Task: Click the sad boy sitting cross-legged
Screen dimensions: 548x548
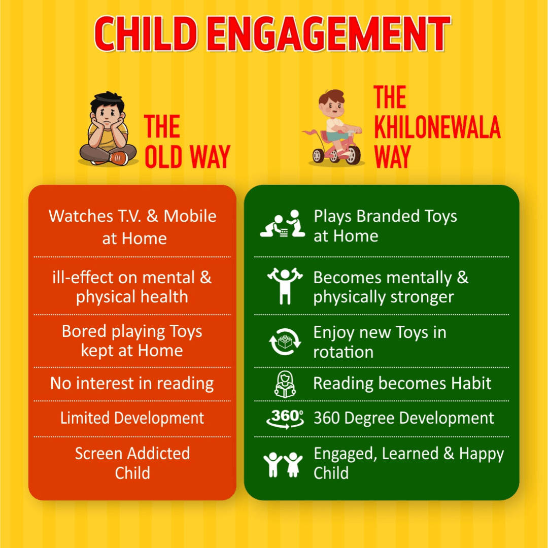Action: (108, 130)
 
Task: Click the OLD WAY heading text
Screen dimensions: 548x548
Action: (187, 157)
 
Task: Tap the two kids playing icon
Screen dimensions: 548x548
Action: (281, 225)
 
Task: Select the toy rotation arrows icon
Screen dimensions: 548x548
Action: (285, 341)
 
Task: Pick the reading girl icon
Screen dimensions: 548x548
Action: (285, 384)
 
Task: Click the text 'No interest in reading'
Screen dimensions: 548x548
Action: (132, 384)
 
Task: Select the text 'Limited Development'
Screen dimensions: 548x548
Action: (132, 418)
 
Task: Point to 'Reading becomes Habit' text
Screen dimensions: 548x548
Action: (402, 384)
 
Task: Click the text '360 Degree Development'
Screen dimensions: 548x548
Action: (403, 418)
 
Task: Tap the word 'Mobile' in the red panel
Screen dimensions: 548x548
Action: (190, 216)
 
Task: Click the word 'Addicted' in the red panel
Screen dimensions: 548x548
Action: (160, 453)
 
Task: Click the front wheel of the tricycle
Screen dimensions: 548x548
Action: (354, 155)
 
